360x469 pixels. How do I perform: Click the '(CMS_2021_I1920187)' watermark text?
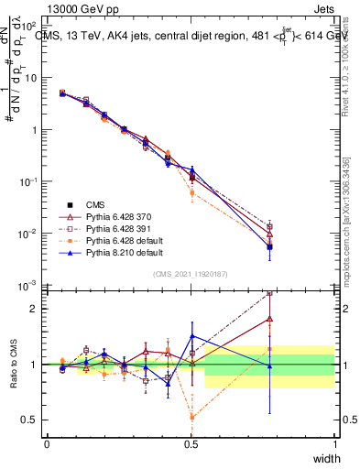click(191, 274)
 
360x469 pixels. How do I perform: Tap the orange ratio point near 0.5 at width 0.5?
click(191, 417)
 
